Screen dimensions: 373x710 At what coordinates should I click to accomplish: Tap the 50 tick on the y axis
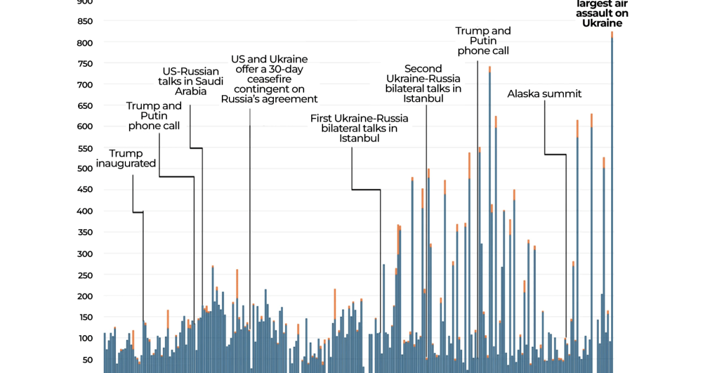[88, 359]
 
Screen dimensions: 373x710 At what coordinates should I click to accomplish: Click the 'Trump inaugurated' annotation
[126, 159]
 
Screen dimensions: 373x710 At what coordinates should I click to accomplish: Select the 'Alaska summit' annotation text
[544, 94]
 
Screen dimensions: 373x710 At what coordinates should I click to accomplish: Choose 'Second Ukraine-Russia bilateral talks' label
[423, 83]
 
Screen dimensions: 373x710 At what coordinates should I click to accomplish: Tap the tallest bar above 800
[612, 201]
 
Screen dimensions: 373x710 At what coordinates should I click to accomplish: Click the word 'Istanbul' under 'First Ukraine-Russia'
[359, 139]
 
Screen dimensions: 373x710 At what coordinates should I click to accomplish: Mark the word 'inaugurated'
[126, 163]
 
